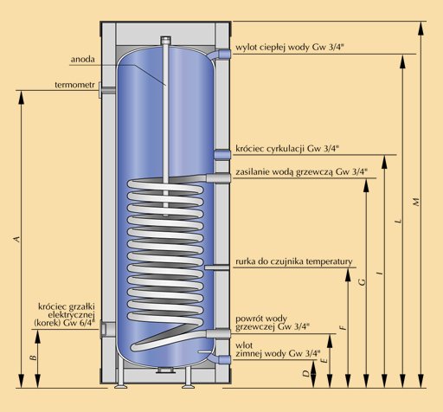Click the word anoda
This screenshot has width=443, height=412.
tap(83, 59)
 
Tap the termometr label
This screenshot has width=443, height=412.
tap(74, 85)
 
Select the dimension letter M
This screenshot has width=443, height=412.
tap(416, 202)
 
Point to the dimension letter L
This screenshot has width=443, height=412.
tap(398, 221)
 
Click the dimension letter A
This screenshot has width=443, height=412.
tap(17, 239)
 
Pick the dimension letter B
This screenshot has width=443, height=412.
tap(34, 357)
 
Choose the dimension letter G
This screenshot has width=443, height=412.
tap(362, 281)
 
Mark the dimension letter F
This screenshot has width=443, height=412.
tap(343, 327)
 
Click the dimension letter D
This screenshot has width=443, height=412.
tap(306, 373)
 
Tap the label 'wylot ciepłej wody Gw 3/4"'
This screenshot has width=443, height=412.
tap(290, 48)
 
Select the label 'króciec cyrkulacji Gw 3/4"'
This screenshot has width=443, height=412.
tap(287, 149)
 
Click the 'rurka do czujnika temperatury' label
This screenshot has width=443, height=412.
tap(294, 261)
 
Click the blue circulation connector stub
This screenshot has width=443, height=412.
tap(222, 155)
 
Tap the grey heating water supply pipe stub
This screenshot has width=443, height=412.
tap(218, 177)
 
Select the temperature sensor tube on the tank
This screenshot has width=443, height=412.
tap(217, 267)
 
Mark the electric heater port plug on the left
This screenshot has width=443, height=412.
tap(107, 329)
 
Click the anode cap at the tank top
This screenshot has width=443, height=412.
tap(165, 40)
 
